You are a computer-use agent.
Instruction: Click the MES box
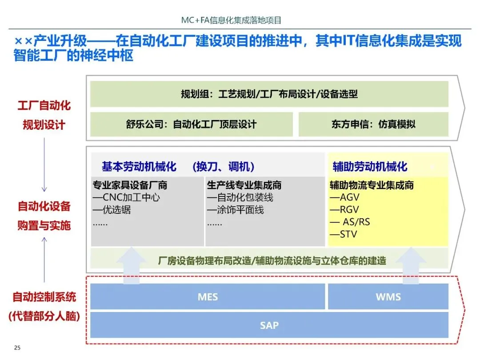tap(208, 296)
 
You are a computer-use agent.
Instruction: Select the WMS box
tap(388, 296)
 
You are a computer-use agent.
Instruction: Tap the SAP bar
tap(269, 325)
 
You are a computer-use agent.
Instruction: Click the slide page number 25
tap(18, 348)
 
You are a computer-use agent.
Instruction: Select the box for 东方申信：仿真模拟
tap(373, 124)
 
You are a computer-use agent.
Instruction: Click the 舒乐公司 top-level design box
tap(192, 124)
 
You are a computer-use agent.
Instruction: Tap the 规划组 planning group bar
tap(269, 94)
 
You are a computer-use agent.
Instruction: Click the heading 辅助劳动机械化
tap(370, 167)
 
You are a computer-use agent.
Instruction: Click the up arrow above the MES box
tap(132, 266)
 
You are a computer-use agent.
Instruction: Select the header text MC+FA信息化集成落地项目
tap(232, 20)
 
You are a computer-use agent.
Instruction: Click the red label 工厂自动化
tap(44, 106)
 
